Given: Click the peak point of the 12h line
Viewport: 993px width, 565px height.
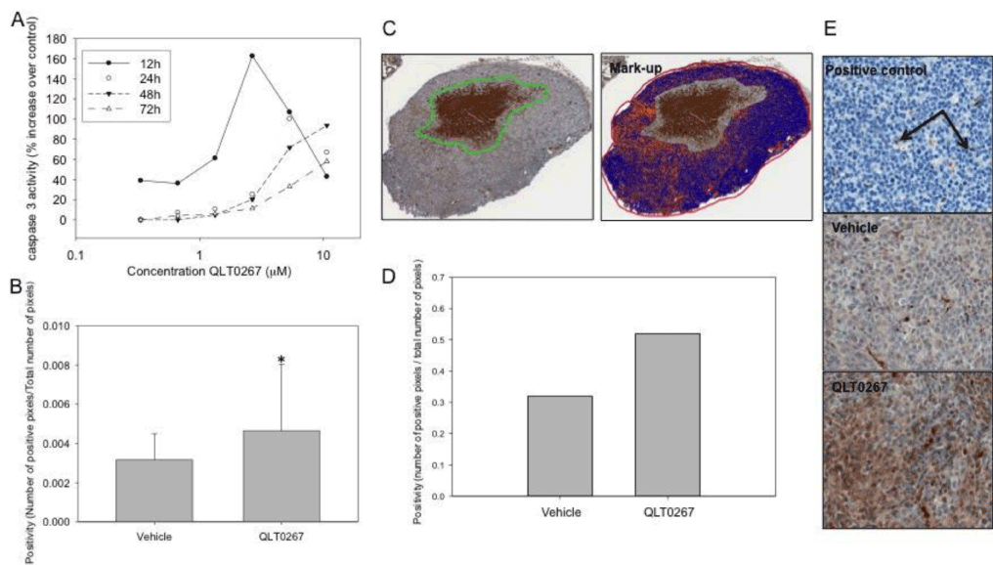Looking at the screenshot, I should [x=252, y=56].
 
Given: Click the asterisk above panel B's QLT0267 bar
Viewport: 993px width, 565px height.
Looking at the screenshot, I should [x=281, y=360].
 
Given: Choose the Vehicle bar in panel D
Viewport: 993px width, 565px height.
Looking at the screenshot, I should [x=560, y=446].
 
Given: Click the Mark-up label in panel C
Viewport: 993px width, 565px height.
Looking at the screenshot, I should [x=636, y=69].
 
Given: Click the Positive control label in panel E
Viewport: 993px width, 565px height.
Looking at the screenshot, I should [x=876, y=71].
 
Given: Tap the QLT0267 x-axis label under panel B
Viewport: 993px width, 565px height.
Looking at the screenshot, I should [x=281, y=536].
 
